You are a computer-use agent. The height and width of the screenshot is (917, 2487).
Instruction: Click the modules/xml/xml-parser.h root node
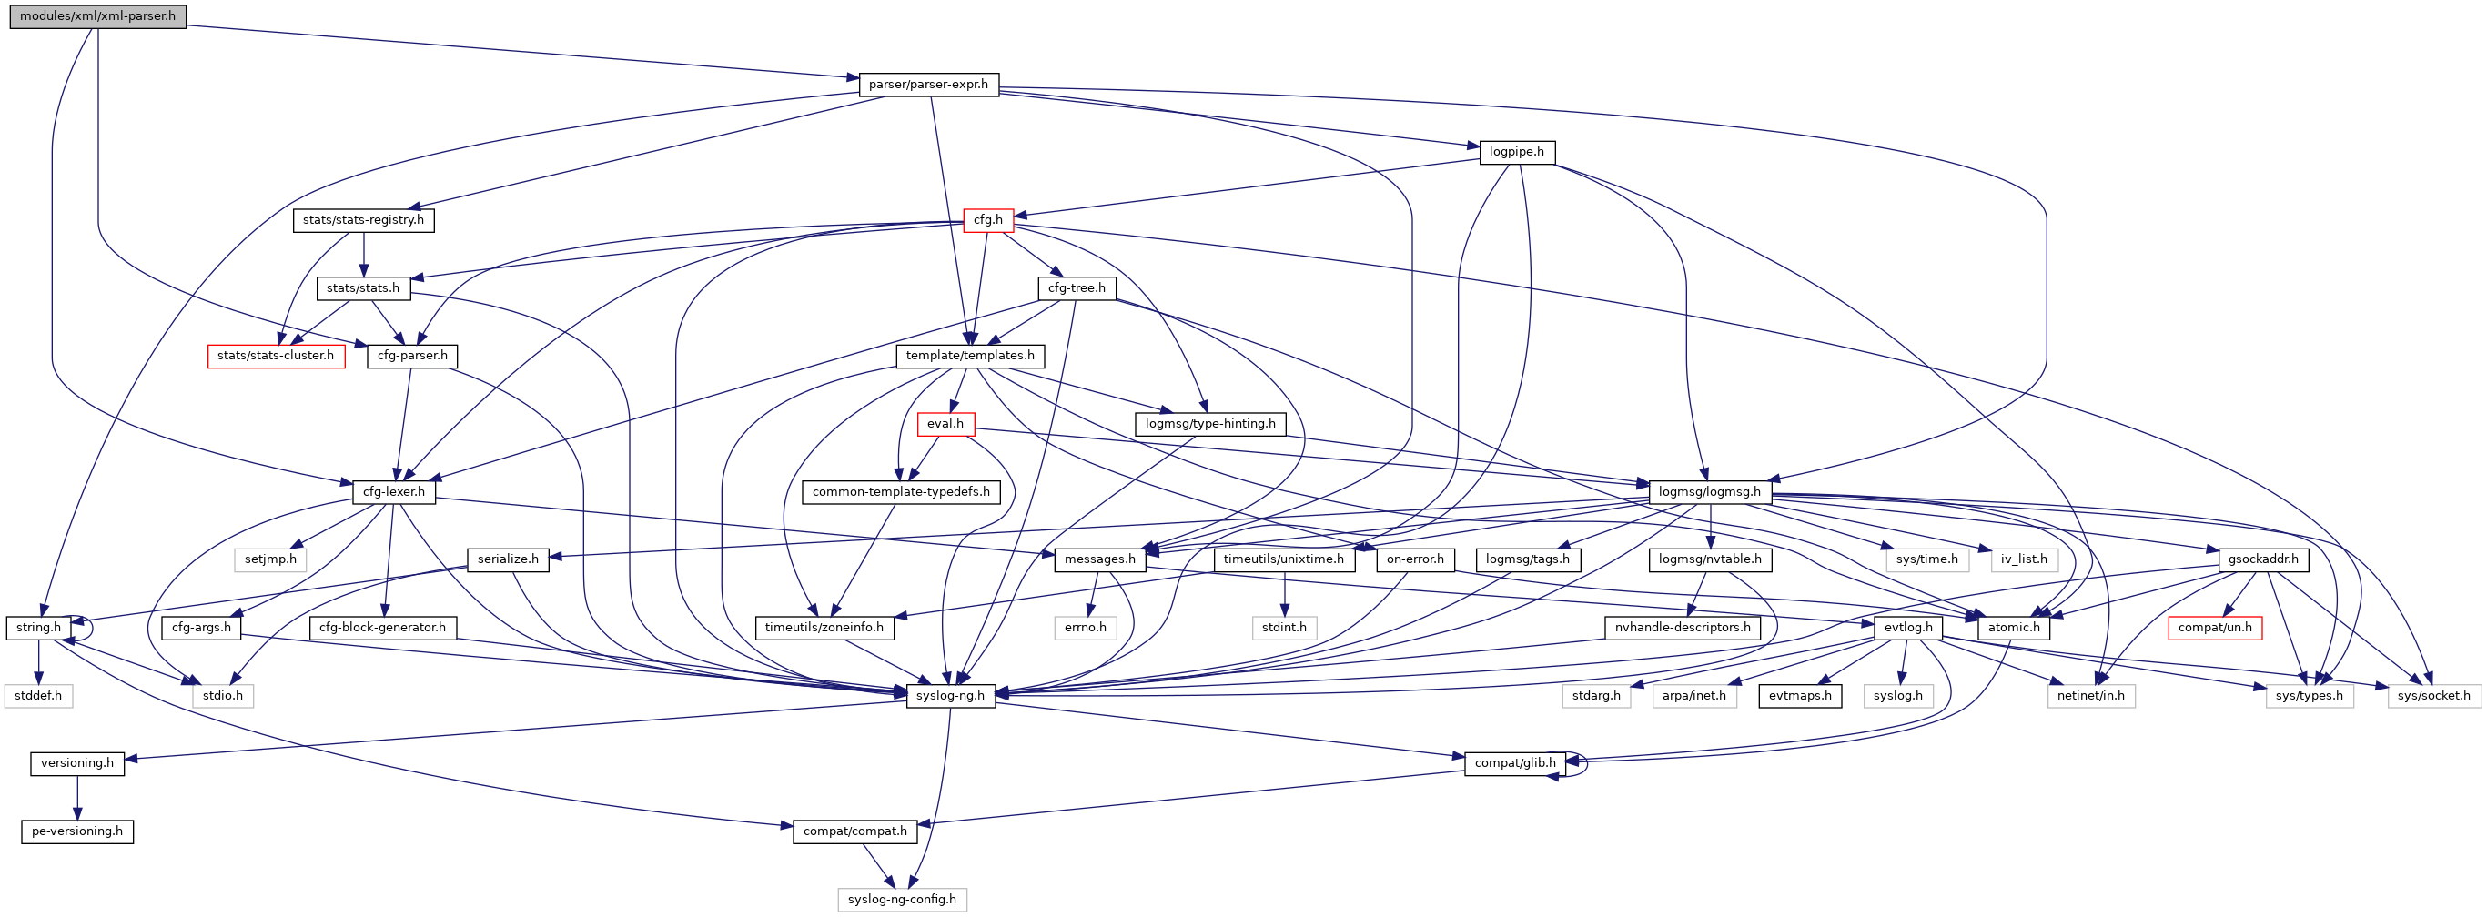[x=97, y=16]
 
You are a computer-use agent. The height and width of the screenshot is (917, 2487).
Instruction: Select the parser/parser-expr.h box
[x=928, y=85]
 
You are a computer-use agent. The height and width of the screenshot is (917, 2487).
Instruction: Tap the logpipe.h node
[x=1517, y=153]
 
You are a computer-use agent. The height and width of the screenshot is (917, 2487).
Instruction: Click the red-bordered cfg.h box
[x=987, y=220]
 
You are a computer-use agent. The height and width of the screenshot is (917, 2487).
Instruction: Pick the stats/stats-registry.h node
[x=363, y=220]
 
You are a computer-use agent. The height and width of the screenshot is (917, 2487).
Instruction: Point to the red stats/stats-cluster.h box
[x=275, y=357]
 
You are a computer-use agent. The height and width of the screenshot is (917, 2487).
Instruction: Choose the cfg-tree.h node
[x=1077, y=287]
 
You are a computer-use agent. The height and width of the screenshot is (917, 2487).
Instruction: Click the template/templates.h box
[x=969, y=357]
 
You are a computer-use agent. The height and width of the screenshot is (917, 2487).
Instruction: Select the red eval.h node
[x=945, y=424]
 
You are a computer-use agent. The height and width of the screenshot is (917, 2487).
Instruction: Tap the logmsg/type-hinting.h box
[x=1209, y=424]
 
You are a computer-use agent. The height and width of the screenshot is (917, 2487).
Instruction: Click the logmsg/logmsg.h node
[x=1709, y=492]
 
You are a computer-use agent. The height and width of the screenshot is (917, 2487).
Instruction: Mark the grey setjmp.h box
[x=270, y=559]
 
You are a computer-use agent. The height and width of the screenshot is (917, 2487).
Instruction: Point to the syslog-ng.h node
[x=950, y=696]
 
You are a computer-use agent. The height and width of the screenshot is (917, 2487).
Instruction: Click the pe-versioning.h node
[x=77, y=832]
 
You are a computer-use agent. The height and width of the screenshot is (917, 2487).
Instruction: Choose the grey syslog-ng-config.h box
[x=902, y=900]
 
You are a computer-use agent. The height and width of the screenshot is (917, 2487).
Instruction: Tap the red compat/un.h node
[x=2215, y=628]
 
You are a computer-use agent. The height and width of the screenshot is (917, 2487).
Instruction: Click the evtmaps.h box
[x=1800, y=696]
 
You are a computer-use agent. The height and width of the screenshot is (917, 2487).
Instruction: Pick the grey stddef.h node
[x=37, y=696]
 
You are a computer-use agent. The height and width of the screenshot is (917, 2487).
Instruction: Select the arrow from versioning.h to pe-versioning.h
[x=77, y=797]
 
